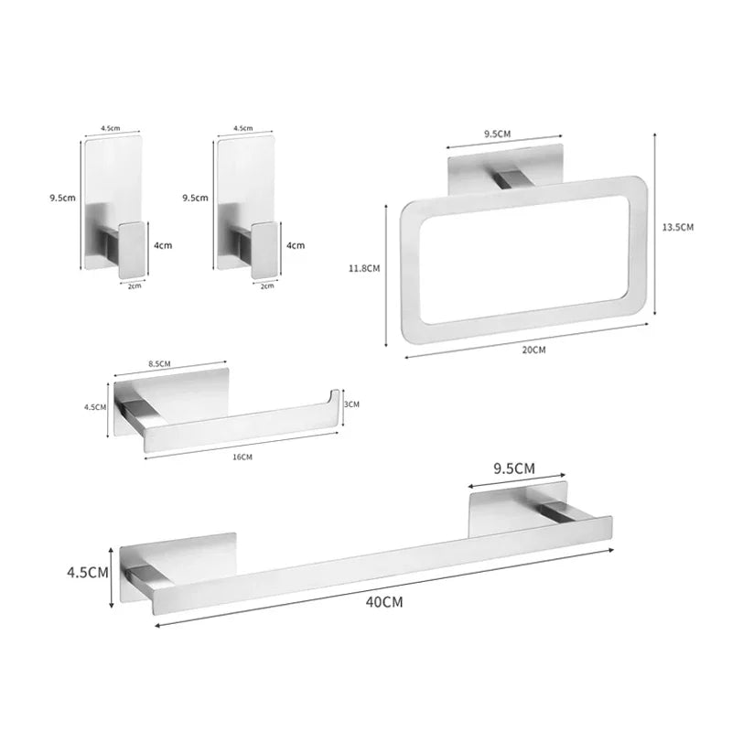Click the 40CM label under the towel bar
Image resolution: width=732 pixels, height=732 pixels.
click(x=383, y=602)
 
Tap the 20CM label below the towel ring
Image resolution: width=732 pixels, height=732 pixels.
click(x=533, y=350)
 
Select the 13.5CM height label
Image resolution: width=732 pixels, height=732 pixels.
click(x=678, y=227)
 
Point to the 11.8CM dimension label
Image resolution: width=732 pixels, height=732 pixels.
click(x=364, y=268)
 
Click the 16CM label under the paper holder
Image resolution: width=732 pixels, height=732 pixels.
click(x=242, y=457)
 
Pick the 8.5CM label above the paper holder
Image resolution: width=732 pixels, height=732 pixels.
click(x=159, y=364)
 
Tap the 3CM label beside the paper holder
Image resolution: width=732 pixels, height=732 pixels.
click(x=351, y=404)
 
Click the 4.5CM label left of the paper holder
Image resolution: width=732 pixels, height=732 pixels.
click(x=95, y=407)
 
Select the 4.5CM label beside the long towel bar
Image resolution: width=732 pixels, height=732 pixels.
click(x=88, y=573)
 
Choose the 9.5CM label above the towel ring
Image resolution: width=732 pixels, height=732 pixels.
click(x=497, y=134)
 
